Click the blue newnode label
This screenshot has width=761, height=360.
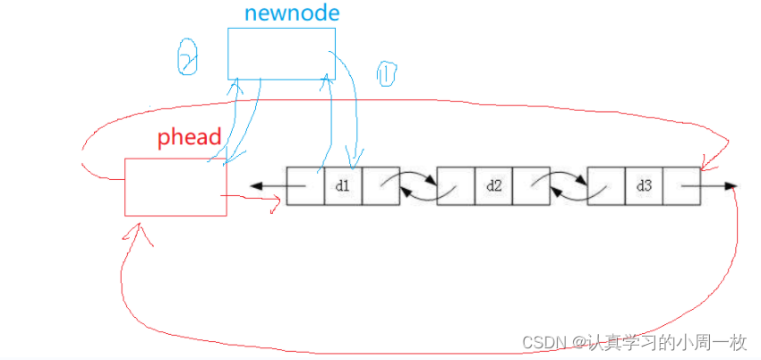pos(279,13)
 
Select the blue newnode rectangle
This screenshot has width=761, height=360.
pos(281,53)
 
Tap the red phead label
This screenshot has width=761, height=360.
pos(188,138)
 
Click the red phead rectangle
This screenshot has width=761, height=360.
pos(175,186)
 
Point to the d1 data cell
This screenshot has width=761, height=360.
pos(343,186)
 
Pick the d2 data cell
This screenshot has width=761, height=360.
pos(493,186)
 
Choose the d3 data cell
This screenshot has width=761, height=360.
pos(644,186)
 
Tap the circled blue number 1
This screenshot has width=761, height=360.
pos(386,75)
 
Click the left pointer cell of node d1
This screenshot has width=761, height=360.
pos(305,186)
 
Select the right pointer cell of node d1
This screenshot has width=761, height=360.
pos(380,186)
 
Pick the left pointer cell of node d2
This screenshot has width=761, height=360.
pos(456,186)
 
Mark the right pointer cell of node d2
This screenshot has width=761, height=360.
pos(531,186)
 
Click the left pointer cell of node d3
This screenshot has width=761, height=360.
pos(606,186)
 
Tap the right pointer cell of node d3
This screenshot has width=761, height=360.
pos(681,186)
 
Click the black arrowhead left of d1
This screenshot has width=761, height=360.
pos(256,186)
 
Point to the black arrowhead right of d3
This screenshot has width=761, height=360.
pos(731,186)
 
